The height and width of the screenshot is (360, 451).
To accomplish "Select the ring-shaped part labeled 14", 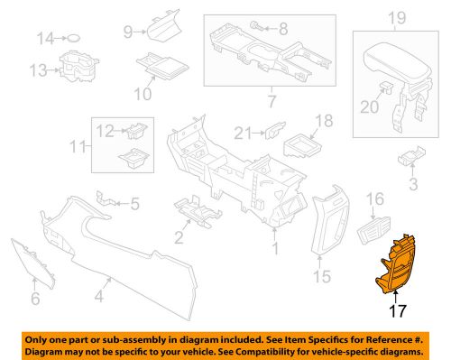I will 76,38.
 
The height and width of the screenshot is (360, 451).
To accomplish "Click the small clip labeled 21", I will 270,134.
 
